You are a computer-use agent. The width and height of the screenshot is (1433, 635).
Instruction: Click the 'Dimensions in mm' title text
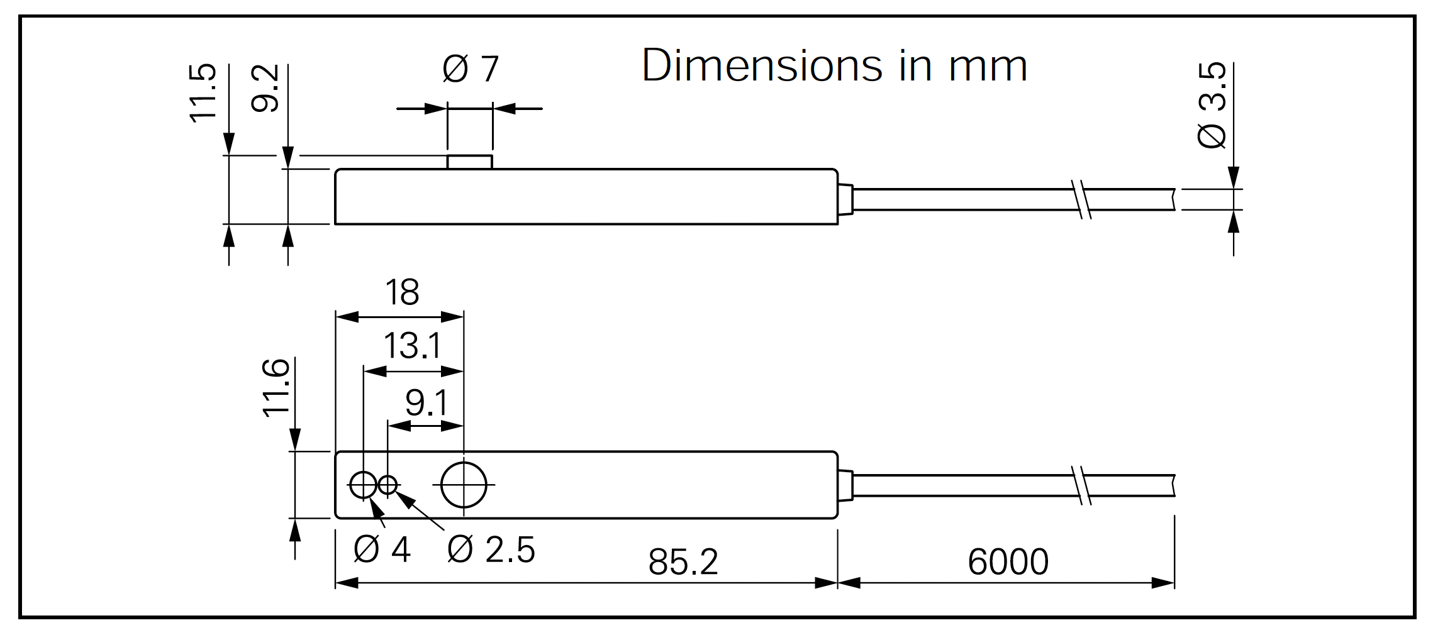[x=834, y=65]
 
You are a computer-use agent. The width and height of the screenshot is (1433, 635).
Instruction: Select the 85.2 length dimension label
[x=683, y=562]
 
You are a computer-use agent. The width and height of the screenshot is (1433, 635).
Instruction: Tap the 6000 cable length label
[x=1008, y=562]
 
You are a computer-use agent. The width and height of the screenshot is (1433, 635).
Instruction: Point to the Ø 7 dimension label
[x=471, y=69]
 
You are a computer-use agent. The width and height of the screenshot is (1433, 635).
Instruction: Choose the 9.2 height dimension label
[x=265, y=89]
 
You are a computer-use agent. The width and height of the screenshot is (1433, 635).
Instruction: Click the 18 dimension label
[x=402, y=292]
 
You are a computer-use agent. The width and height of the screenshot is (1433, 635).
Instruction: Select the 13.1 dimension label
[x=412, y=346]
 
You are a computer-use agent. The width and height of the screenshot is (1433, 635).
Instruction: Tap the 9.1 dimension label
[x=427, y=403]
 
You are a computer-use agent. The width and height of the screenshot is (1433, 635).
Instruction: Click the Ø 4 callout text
[x=382, y=550]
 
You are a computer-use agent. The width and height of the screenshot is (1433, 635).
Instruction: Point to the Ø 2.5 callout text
[x=491, y=550]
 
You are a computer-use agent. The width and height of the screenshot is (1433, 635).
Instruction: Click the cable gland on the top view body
[x=845, y=199]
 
